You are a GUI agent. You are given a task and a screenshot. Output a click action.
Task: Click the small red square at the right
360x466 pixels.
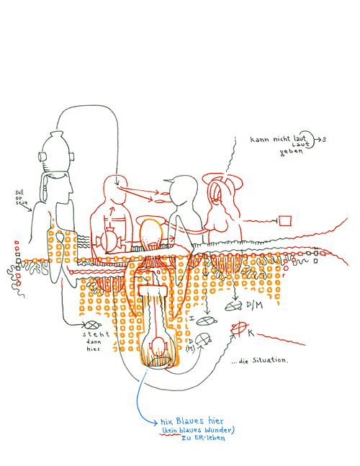point(285,220)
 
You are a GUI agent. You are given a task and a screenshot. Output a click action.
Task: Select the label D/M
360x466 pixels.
point(254,305)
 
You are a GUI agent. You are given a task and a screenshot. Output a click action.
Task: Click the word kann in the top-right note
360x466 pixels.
point(258,139)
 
